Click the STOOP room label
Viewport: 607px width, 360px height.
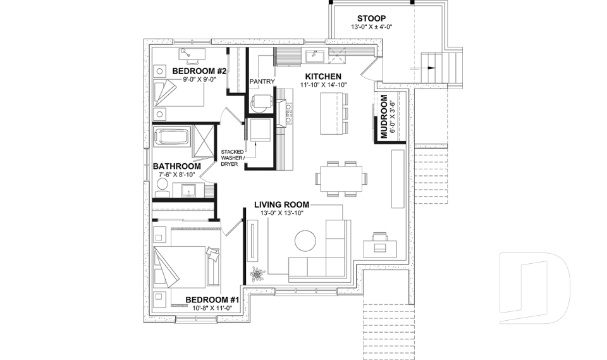[371, 18]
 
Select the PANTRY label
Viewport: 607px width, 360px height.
[261, 81]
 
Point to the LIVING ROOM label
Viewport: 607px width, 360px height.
[281, 204]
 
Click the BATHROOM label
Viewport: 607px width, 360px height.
[176, 166]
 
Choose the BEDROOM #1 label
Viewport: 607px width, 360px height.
[211, 299]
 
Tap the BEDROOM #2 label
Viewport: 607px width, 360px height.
[195, 71]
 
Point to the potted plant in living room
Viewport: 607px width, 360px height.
[257, 274]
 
